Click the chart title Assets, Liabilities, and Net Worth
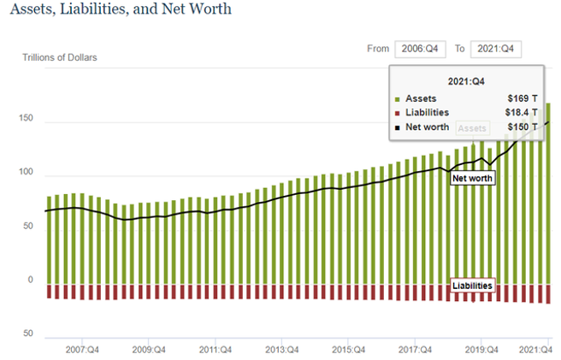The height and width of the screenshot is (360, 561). pyautogui.click(x=120, y=10)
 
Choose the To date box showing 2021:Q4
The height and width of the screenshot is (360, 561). pyautogui.click(x=495, y=49)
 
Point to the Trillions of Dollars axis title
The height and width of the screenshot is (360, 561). pyautogui.click(x=60, y=58)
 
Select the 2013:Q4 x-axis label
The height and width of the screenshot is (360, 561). pyautogui.click(x=281, y=349)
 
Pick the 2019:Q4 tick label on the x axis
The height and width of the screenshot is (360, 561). pyautogui.click(x=481, y=349)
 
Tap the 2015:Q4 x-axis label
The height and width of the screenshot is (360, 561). pyautogui.click(x=348, y=349)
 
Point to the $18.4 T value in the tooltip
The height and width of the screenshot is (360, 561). pyautogui.click(x=521, y=113)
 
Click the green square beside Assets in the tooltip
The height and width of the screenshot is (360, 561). pyautogui.click(x=398, y=99)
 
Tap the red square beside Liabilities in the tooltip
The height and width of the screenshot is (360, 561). pyautogui.click(x=398, y=113)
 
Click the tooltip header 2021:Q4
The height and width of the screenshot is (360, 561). pyautogui.click(x=465, y=80)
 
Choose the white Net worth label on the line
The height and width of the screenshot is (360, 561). pyautogui.click(x=473, y=179)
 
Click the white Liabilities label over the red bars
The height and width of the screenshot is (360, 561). pyautogui.click(x=472, y=285)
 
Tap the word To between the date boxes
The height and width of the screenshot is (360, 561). pyautogui.click(x=459, y=49)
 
